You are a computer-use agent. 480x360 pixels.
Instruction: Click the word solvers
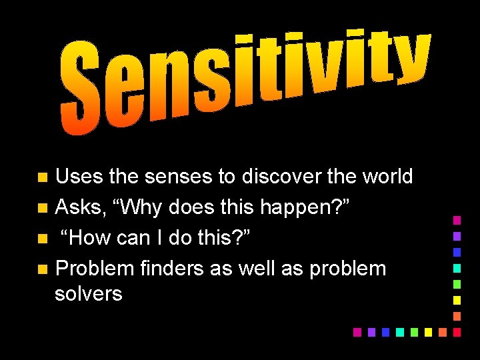point(89,293)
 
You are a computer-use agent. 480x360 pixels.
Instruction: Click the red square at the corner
point(457,331)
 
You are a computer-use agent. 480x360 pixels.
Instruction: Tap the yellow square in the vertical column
point(457,299)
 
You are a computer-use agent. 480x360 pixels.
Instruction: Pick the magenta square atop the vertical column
point(457,219)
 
